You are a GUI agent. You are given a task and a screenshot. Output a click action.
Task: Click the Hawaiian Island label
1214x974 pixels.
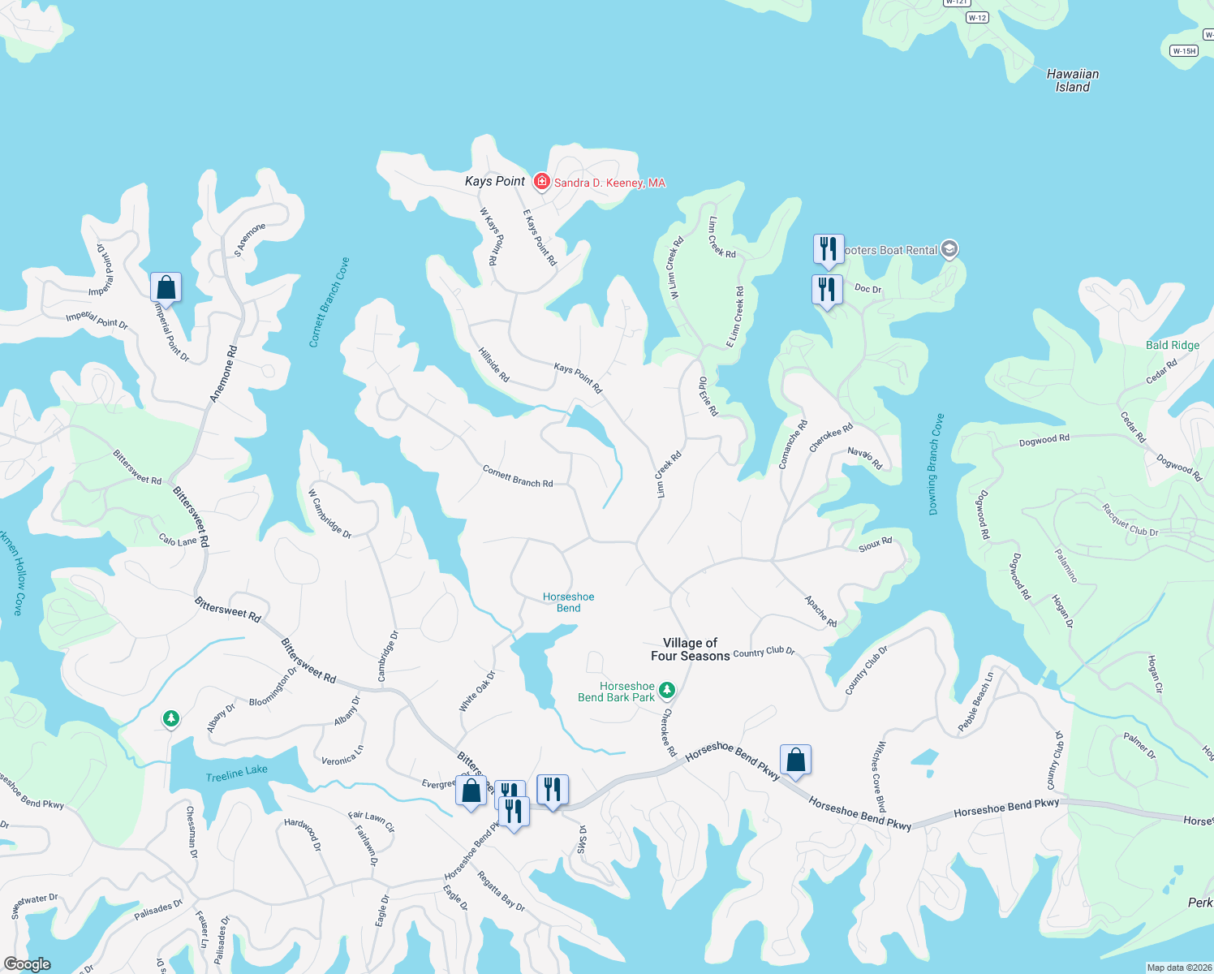pos(1072,80)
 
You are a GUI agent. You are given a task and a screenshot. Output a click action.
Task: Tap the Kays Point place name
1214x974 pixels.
pos(494,181)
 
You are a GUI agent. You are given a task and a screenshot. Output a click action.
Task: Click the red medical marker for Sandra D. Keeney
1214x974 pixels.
pos(542,182)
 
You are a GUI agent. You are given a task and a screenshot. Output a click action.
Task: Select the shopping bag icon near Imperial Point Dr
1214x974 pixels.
pos(166,287)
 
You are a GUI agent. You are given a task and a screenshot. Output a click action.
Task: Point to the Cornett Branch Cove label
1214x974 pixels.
pos(329,303)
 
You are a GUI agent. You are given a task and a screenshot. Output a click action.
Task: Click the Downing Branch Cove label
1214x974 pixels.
pos(936,464)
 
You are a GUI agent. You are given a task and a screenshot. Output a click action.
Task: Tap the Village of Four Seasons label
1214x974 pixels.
pos(690,649)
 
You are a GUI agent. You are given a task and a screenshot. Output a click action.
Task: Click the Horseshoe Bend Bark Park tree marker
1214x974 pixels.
pos(667,690)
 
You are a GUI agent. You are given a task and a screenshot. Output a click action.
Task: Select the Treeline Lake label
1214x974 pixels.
pos(236,774)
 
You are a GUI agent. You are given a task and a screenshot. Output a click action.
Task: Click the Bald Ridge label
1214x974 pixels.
pos(1172,345)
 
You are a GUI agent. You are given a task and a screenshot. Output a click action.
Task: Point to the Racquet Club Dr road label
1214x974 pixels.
pos(1130,520)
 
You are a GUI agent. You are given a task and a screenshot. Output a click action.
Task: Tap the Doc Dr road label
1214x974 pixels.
pos(867,289)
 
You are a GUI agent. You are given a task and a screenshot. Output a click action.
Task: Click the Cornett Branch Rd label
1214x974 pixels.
pos(518,476)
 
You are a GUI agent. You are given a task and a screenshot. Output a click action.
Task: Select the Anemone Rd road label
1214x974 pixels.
pos(224,374)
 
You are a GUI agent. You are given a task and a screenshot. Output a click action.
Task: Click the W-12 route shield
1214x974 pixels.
pos(977,18)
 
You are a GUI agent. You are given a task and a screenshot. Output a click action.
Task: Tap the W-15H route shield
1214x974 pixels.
pos(1184,50)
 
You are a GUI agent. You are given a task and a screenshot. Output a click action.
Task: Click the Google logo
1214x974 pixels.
pos(27,964)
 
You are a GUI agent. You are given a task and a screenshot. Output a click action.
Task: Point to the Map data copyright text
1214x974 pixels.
pos(1178,968)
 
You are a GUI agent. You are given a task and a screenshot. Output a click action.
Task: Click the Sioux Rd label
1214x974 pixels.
pos(875,545)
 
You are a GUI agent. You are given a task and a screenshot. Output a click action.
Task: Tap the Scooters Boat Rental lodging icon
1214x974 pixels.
pos(950,250)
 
